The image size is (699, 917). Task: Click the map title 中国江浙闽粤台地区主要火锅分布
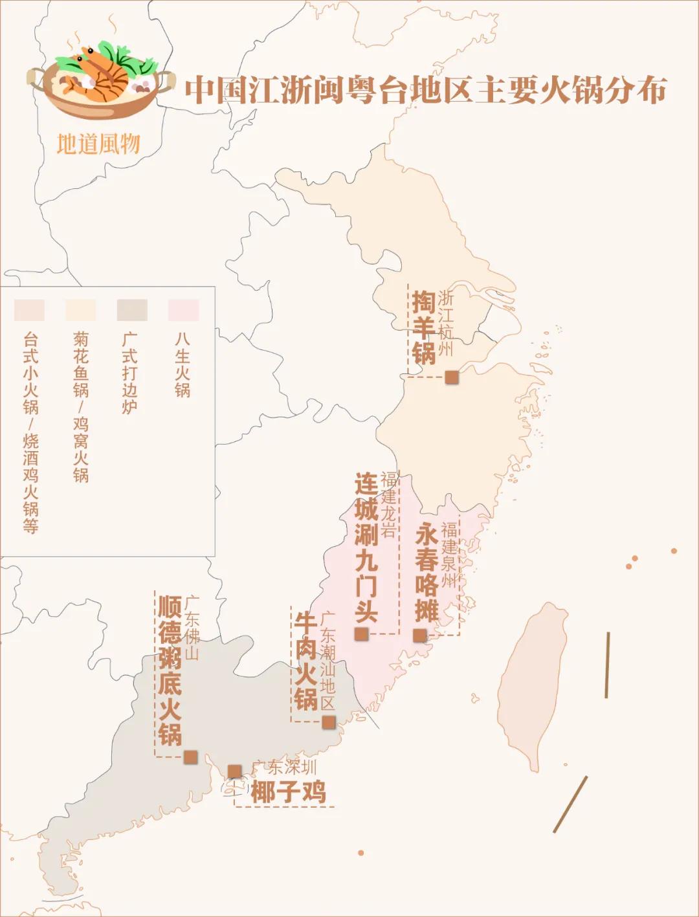tap(425, 90)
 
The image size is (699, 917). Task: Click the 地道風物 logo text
tap(98, 144)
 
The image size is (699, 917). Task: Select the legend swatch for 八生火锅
tap(183, 310)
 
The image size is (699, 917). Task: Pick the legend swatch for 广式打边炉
tap(132, 310)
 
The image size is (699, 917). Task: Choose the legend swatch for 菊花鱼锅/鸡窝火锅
tap(80, 310)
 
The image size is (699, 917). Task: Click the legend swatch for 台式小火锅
tap(29, 310)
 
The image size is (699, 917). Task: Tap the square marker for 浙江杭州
tap(451, 377)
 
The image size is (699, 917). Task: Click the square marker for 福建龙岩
tap(361, 634)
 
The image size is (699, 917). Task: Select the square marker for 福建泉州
tap(420, 635)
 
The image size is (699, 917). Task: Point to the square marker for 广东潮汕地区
tap(329, 722)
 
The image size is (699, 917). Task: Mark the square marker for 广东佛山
tap(190, 757)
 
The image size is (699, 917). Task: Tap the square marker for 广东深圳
tap(234, 771)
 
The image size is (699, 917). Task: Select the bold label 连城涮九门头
tap(366, 547)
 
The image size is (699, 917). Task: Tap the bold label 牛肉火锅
tap(305, 661)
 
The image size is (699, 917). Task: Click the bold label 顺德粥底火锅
tap(170, 670)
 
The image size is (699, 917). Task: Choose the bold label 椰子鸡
tap(289, 792)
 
